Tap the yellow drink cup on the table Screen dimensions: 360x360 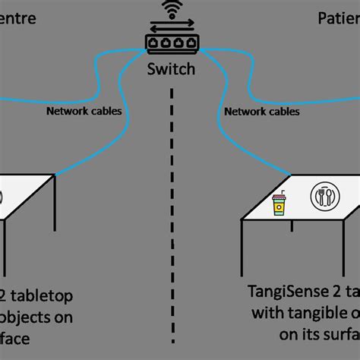279,202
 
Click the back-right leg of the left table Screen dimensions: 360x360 54,205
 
